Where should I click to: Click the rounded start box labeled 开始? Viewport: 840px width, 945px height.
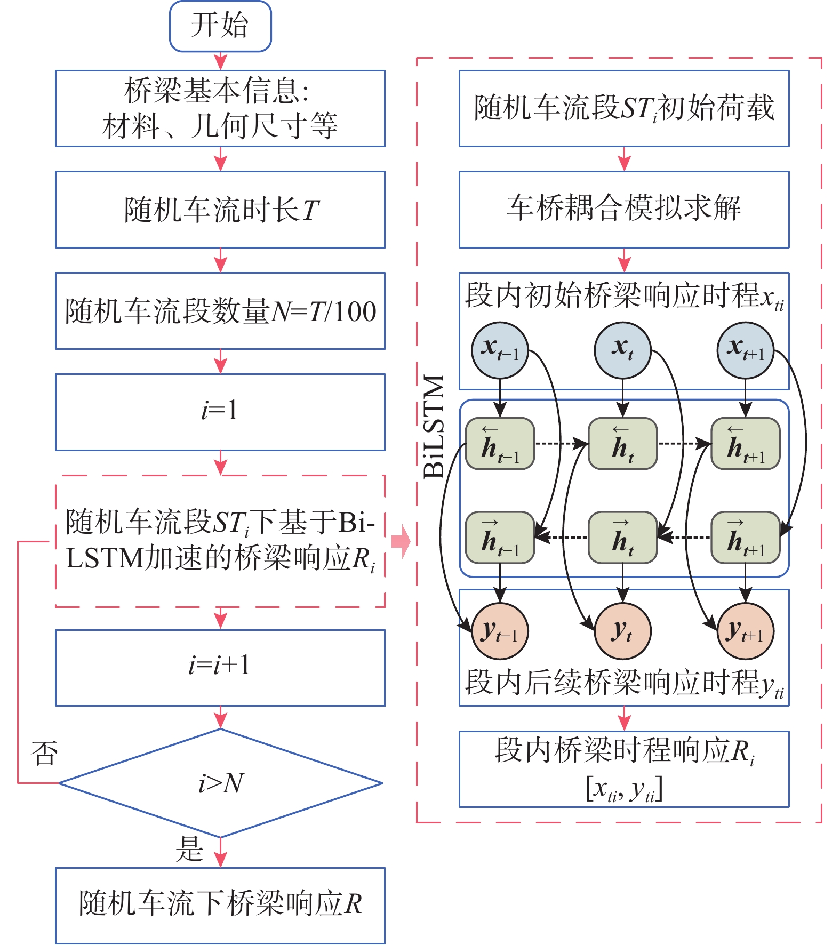[220, 26]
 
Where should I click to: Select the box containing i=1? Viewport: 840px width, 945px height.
[220, 412]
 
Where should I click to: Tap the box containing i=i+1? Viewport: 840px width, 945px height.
[220, 668]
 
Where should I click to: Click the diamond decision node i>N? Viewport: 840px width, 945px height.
[220, 783]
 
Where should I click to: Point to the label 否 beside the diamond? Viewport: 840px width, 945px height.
[44, 753]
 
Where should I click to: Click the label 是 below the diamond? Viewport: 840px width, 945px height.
[189, 849]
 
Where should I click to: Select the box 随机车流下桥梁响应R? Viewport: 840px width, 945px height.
[220, 906]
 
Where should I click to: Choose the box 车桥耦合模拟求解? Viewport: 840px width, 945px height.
[624, 209]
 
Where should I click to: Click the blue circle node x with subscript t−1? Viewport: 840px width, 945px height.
[500, 350]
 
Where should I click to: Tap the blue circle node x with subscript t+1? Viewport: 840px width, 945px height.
[746, 350]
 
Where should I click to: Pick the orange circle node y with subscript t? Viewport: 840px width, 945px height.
[622, 631]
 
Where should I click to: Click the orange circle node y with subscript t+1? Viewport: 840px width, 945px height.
[746, 631]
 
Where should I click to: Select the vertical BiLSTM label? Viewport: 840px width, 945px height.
[434, 426]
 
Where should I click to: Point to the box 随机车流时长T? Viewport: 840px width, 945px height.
[220, 209]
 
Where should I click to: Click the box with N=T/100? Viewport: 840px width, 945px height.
[220, 311]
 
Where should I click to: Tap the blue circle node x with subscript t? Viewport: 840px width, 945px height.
[622, 350]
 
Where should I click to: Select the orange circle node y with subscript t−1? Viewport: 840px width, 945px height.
[500, 631]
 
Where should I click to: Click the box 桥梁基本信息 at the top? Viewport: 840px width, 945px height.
[220, 108]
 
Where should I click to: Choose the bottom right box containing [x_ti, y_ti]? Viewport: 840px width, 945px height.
[624, 769]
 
